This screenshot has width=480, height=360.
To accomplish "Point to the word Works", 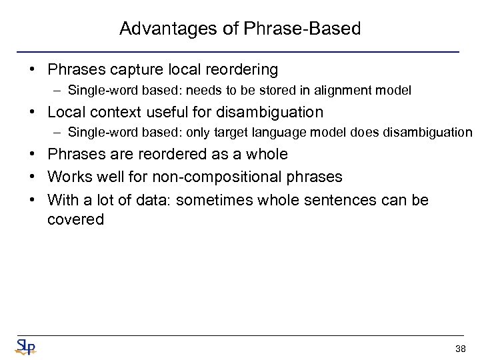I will (x=69, y=177).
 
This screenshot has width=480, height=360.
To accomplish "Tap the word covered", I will (x=76, y=219).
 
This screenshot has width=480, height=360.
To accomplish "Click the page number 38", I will (x=460, y=349).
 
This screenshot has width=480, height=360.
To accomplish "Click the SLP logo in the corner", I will (x=25, y=345).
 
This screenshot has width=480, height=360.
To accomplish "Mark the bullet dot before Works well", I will (x=37, y=177).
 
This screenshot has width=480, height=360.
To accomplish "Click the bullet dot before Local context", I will (x=37, y=112).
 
